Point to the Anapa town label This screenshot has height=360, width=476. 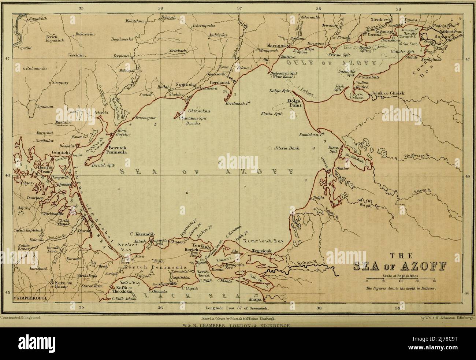click(x=254, y=300)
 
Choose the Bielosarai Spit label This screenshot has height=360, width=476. click(x=284, y=73)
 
